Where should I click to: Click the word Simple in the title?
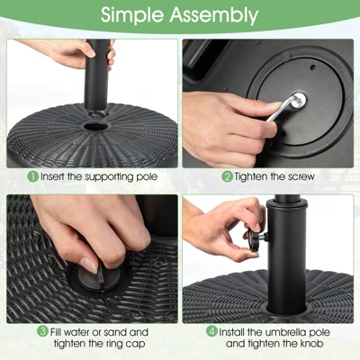135,15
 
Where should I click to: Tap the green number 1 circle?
32,176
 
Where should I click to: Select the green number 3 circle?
42,332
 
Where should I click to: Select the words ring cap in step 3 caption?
113,344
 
